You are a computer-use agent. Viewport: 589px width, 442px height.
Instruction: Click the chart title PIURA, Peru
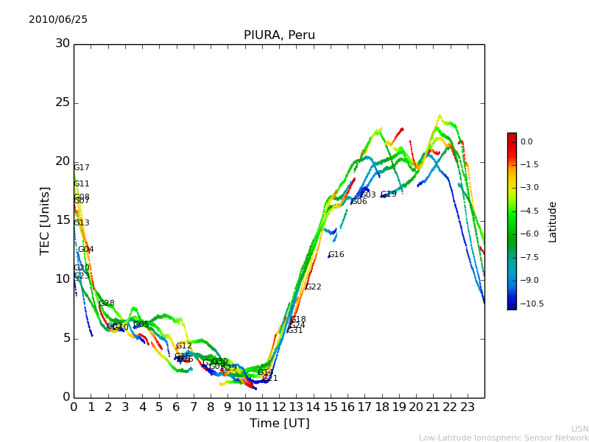pyautogui.click(x=279, y=35)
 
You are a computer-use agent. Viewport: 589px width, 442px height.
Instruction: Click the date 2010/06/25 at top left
pyautogui.click(x=58, y=20)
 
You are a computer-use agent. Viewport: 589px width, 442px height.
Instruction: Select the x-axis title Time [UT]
pyautogui.click(x=279, y=424)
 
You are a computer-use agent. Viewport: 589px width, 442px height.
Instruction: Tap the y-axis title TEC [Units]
pyautogui.click(x=46, y=220)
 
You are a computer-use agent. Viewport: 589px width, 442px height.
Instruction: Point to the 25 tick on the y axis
pyautogui.click(x=63, y=102)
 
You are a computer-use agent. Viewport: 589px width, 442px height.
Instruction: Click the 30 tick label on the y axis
pyautogui.click(x=63, y=43)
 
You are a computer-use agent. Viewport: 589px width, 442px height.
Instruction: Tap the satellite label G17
pyautogui.click(x=82, y=168)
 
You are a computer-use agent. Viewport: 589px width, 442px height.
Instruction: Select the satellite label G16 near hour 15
pyautogui.click(x=336, y=255)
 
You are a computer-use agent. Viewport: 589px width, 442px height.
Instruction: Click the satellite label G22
pyautogui.click(x=314, y=287)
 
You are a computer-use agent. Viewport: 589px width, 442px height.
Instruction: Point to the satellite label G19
pyautogui.click(x=389, y=194)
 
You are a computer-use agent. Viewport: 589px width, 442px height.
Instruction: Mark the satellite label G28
pyautogui.click(x=107, y=304)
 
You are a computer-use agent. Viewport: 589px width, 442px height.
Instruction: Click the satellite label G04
pyautogui.click(x=86, y=250)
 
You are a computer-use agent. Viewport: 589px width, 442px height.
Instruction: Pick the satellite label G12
pyautogui.click(x=184, y=346)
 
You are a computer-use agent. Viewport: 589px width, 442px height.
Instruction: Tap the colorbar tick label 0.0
pyautogui.click(x=526, y=142)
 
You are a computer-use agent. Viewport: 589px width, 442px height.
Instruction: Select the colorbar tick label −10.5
pyautogui.click(x=532, y=304)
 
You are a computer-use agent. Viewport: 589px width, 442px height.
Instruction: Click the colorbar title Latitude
pyautogui.click(x=553, y=221)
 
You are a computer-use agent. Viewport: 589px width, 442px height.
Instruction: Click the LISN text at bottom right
pyautogui.click(x=580, y=429)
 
